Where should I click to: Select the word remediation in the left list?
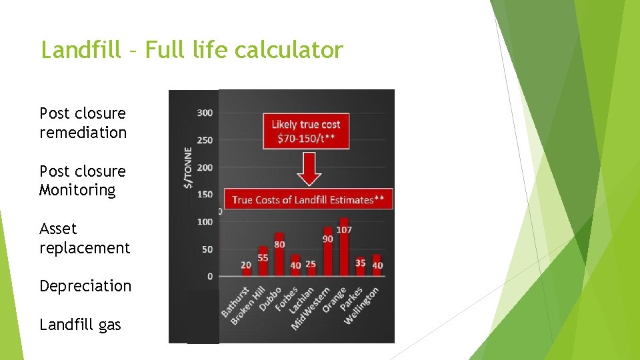[x=83, y=133]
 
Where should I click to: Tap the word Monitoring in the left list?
[x=77, y=191]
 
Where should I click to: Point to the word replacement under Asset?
[x=85, y=248]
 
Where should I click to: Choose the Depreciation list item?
[x=85, y=286]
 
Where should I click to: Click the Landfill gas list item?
[x=80, y=325]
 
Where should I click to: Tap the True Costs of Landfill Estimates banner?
[x=308, y=199]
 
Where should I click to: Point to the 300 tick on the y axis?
[x=205, y=113]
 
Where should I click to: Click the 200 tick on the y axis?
[x=205, y=167]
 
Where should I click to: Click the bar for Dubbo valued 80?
[x=279, y=254]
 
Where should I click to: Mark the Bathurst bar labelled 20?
[x=247, y=269]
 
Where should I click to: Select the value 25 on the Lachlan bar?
[x=311, y=265]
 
